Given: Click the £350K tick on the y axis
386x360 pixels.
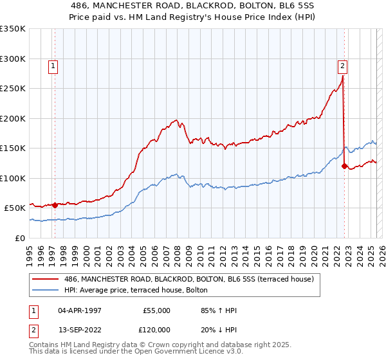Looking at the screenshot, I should [13, 29].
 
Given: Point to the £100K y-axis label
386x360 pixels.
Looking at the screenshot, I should [13, 178].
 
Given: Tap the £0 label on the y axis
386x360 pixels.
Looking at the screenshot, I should [20, 238].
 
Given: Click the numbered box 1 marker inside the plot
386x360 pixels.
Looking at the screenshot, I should [52, 65].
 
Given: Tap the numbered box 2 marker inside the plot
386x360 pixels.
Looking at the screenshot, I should [342, 65].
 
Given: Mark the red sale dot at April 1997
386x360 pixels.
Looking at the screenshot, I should [55, 205].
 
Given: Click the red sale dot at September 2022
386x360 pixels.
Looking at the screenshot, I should [344, 166].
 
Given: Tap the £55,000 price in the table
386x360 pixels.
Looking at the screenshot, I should [157, 310].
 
